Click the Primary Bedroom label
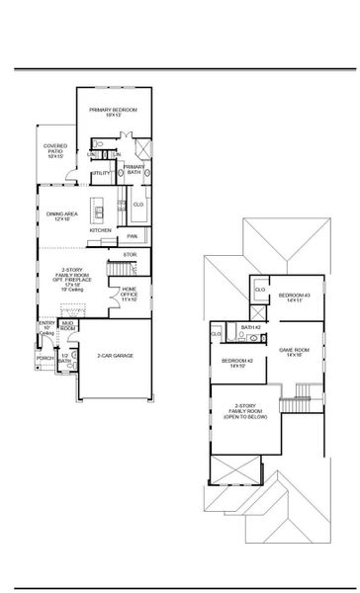click(x=113, y=112)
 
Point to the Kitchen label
click(x=101, y=229)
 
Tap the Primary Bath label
click(x=134, y=170)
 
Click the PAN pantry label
click(x=132, y=236)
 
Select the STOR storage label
click(x=129, y=255)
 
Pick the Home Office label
click(x=130, y=293)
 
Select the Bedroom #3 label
click(x=294, y=298)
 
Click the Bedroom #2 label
click(x=237, y=363)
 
